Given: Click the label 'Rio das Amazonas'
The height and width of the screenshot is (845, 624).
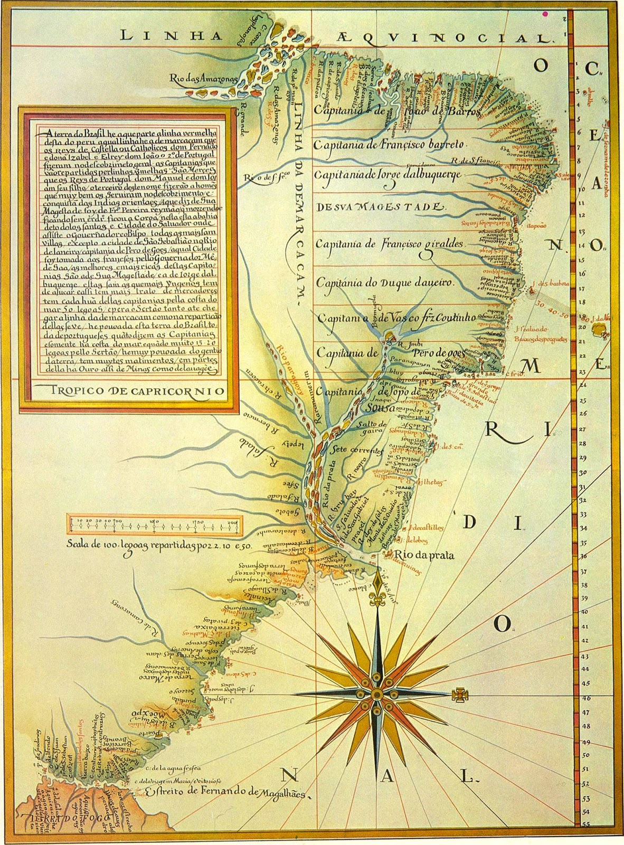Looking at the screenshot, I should coord(203,79).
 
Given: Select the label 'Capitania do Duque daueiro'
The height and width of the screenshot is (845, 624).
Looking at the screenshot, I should coord(385,283).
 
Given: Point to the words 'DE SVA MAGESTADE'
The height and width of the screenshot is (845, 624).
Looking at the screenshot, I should coord(377,206).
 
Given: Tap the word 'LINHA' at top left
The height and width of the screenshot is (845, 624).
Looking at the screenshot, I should coord(154,35).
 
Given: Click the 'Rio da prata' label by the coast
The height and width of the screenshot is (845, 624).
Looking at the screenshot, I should coord(424,555).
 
